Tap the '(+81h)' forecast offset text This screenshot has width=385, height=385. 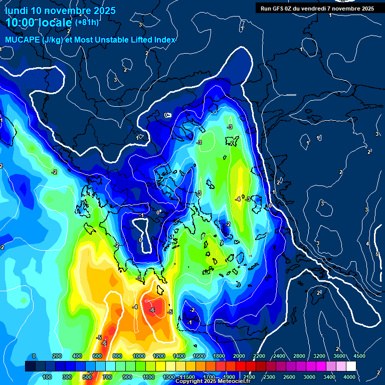point(87,22)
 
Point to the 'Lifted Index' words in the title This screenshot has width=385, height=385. point(153,40)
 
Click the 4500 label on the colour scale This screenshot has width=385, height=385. point(359,355)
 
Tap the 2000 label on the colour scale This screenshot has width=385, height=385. point(239,355)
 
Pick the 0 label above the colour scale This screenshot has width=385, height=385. point(34,355)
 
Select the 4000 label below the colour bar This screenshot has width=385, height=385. point(349,376)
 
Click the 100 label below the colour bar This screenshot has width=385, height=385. point(48,376)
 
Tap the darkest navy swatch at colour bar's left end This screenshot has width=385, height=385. point(30,366)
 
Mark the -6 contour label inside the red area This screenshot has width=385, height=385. point(152,310)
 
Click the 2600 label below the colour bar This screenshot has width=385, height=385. point(289,376)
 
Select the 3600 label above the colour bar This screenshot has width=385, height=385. point(339,355)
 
